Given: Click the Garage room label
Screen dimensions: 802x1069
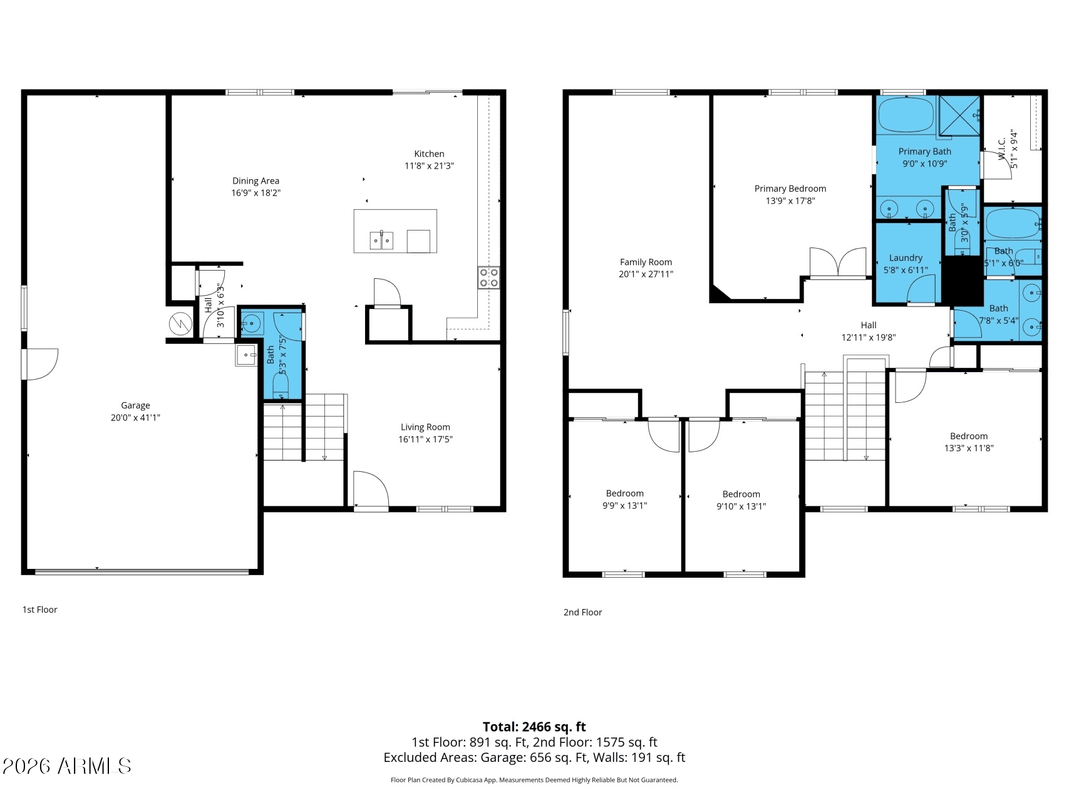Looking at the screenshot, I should (135, 405).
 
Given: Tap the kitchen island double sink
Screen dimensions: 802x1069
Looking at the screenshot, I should (381, 240).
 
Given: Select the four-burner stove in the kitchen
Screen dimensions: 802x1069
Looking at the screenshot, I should (488, 278).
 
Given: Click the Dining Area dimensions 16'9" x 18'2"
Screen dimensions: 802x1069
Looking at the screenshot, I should (256, 193).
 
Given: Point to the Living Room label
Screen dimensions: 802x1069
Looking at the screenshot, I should (425, 427).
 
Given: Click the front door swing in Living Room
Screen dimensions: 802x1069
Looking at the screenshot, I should (369, 490).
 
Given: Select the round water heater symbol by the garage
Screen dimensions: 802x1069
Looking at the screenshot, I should (180, 324).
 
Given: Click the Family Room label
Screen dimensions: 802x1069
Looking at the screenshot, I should (646, 263).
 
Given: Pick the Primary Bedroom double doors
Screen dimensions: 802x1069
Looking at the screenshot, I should (838, 263).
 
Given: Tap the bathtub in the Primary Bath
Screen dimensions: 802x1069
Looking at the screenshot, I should (906, 115).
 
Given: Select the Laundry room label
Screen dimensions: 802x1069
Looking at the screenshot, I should (906, 258).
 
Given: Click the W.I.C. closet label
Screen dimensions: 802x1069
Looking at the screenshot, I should (1001, 149).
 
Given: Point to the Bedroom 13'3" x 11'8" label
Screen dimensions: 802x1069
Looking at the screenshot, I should (968, 436).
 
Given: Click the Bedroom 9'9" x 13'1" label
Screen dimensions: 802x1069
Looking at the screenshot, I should (624, 494).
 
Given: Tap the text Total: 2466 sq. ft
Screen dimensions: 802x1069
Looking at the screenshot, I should (534, 727).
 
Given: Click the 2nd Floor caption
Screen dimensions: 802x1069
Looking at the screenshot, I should (582, 612).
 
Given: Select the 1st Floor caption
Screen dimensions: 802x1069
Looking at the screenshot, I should (40, 610).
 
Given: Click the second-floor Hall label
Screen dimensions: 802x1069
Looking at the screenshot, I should (868, 325).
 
